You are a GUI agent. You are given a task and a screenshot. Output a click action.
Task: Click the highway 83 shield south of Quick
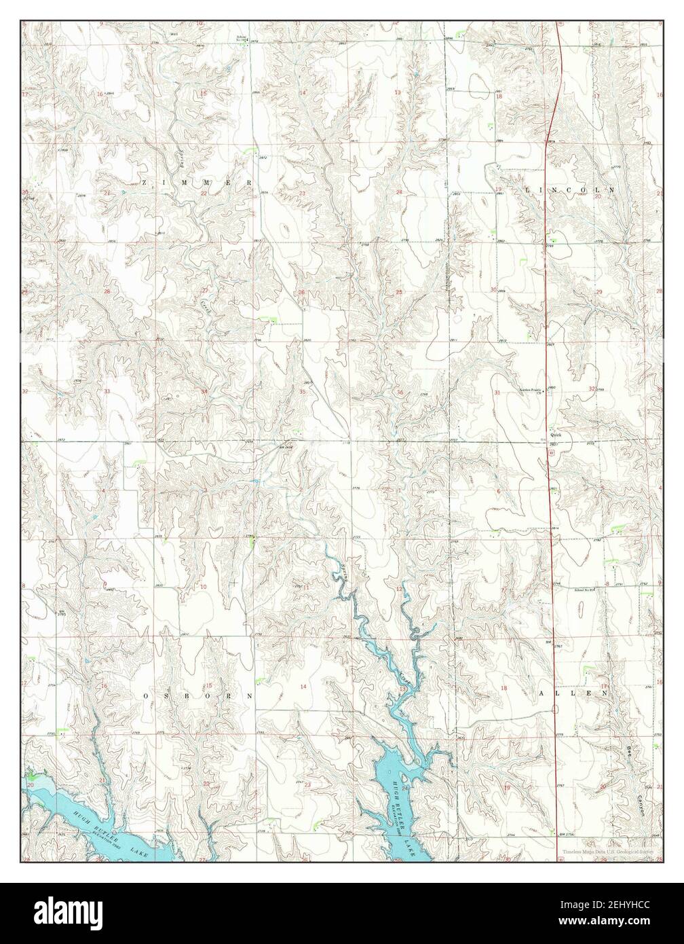pos(551,451)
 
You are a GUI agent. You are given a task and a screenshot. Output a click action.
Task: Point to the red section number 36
pos(400,392)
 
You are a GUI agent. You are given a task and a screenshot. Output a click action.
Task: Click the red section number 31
pos(497,393)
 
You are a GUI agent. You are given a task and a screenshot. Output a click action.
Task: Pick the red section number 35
pos(303,392)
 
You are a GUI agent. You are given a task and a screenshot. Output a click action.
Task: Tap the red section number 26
pos(301,293)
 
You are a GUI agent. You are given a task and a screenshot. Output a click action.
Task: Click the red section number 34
pos(204,392)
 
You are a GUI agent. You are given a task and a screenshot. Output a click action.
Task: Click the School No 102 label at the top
pos(242,37)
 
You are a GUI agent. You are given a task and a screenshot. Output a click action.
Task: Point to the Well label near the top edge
pos(155,31)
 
